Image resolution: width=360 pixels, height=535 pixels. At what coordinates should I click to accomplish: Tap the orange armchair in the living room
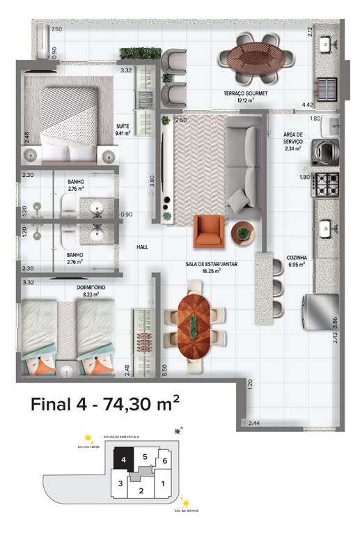pyautogui.click(x=209, y=229)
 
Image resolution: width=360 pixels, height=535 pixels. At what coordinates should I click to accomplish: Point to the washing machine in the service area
pyautogui.click(x=324, y=149)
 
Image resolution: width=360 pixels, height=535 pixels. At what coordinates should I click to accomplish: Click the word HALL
pyautogui.click(x=142, y=247)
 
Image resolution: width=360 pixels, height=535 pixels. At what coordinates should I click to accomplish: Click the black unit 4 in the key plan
pyautogui.click(x=124, y=460)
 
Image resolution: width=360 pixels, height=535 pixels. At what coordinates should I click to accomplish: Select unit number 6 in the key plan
pyautogui.click(x=164, y=460)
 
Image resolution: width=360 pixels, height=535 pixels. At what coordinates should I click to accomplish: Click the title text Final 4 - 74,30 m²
pyautogui.click(x=105, y=404)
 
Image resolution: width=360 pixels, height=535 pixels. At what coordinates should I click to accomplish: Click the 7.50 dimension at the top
pyautogui.click(x=56, y=29)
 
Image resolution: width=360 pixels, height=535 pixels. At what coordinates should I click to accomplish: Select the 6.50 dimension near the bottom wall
pyautogui.click(x=164, y=371)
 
